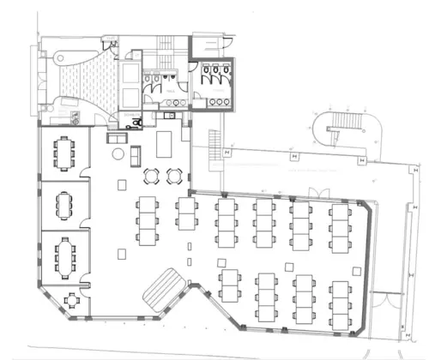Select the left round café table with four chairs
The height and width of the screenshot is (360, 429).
coord(153,177)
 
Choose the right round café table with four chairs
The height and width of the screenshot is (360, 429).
coord(174,177)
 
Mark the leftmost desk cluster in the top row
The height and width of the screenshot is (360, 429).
coord(148,219)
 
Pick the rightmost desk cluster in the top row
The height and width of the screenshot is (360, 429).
coord(341,224)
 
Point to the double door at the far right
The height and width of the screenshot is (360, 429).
coord(393,310)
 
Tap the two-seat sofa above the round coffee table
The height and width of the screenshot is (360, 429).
coord(116,138)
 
